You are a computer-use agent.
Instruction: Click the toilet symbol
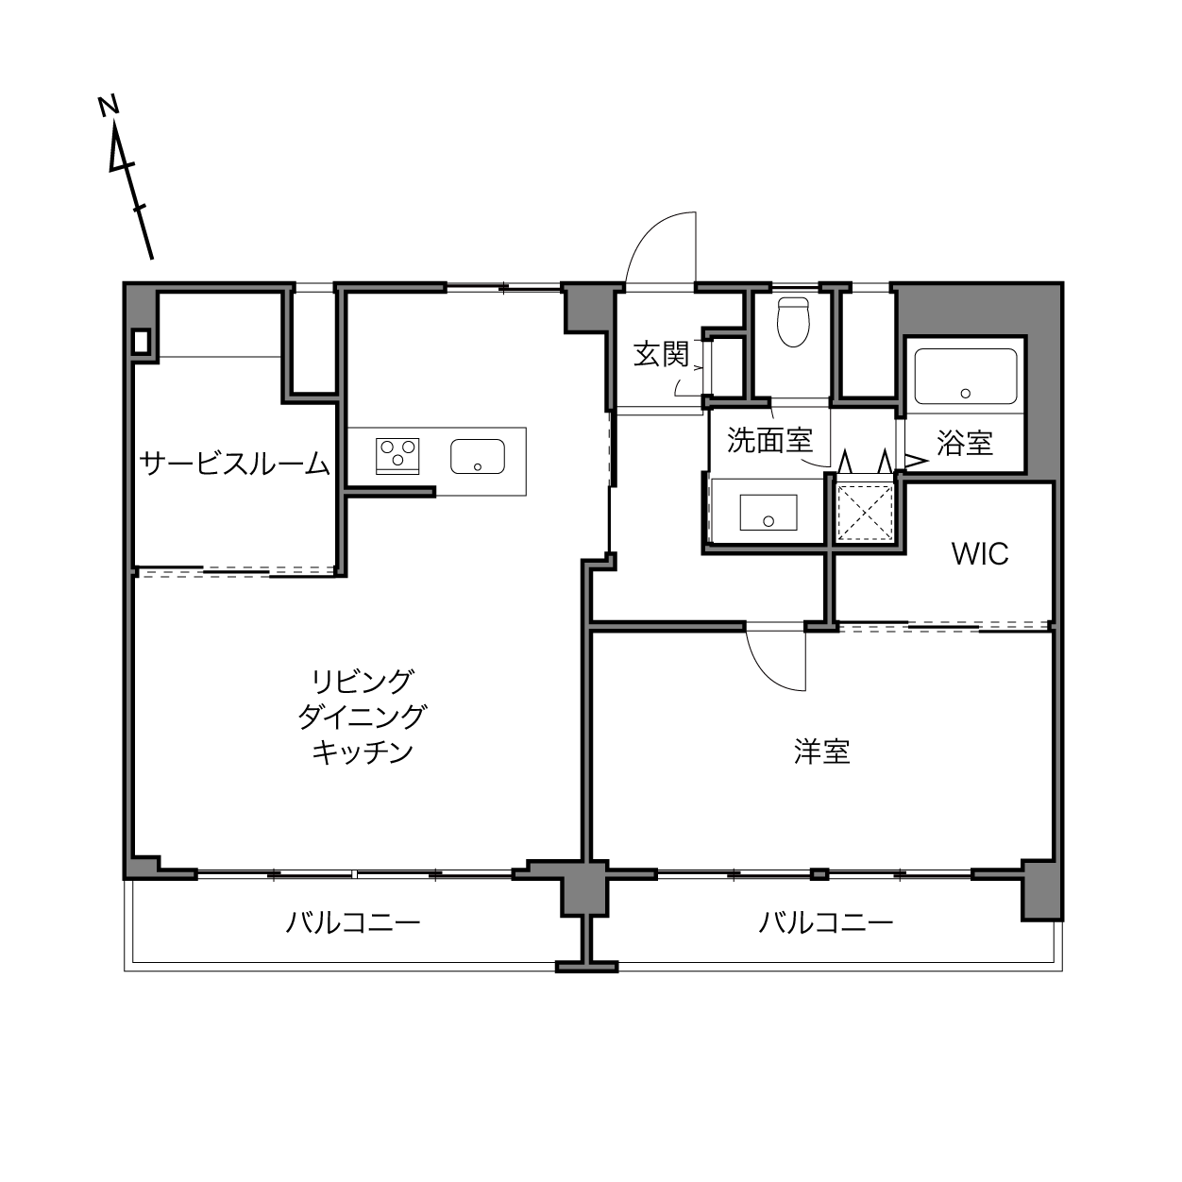(x=792, y=322)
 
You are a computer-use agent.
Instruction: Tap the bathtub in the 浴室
(x=966, y=376)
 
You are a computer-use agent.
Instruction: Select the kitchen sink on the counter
(x=477, y=456)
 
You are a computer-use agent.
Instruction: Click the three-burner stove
(x=397, y=456)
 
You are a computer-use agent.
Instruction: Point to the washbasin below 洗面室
(x=768, y=513)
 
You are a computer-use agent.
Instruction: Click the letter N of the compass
(x=109, y=106)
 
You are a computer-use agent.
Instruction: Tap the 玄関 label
(x=661, y=354)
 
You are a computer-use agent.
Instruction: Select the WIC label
(x=980, y=554)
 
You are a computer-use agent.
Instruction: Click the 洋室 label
(x=822, y=751)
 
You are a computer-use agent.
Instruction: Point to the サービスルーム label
(x=235, y=464)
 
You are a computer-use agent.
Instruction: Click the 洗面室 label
(x=769, y=440)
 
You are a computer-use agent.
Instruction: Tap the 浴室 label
(x=964, y=442)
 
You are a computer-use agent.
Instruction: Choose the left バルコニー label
(x=353, y=922)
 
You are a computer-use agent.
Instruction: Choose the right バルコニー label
(x=826, y=922)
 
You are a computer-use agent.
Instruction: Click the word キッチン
(x=363, y=752)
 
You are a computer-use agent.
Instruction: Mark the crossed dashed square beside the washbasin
(x=865, y=513)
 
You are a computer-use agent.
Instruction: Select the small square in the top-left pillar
(x=141, y=341)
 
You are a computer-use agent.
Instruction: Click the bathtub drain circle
(x=966, y=393)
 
